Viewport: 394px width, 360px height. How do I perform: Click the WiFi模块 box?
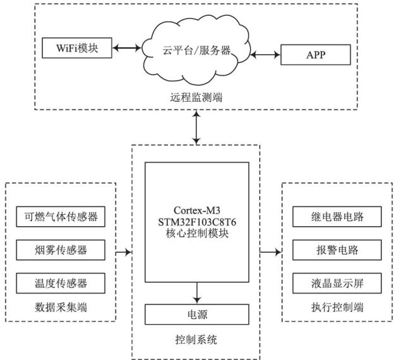click(x=76, y=47)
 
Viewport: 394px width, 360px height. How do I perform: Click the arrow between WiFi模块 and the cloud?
click(x=128, y=47)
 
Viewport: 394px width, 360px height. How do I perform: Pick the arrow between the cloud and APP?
click(x=265, y=55)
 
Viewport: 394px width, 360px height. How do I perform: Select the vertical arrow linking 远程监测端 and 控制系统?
click(x=198, y=129)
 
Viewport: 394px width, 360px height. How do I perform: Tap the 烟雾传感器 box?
click(x=60, y=250)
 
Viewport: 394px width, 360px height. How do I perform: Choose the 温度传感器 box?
click(x=60, y=282)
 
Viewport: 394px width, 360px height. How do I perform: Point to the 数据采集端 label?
click(x=60, y=308)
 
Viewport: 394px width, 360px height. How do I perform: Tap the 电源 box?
click(x=198, y=314)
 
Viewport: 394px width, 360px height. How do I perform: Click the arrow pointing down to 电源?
click(x=198, y=292)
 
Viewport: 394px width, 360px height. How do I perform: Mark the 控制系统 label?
click(x=196, y=340)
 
